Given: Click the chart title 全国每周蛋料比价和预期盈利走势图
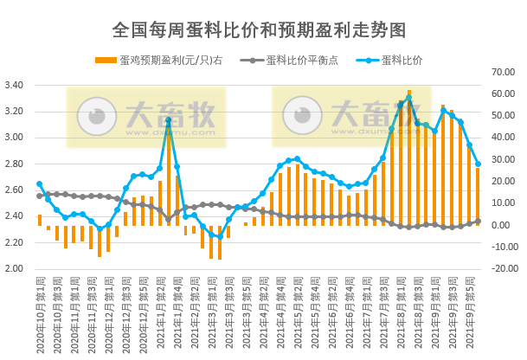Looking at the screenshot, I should pyautogui.click(x=260, y=29).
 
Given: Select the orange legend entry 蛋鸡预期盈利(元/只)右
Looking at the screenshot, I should pyautogui.click(x=159, y=60).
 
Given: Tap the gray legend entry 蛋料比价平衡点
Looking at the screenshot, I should pyautogui.click(x=307, y=60).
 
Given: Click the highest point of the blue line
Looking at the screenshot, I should pyautogui.click(x=408, y=98).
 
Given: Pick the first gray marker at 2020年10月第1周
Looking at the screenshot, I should pyautogui.click(x=40, y=196).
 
